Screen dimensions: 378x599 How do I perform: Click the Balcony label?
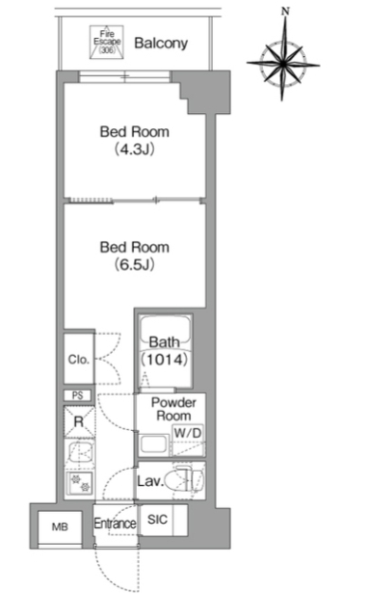(x=161, y=43)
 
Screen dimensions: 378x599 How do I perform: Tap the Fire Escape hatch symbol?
(x=106, y=42)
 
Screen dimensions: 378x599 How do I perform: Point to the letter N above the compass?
(x=285, y=11)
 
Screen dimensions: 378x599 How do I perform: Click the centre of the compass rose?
(x=283, y=64)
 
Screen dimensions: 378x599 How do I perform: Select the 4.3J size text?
(x=135, y=149)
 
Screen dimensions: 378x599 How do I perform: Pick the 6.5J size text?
(x=135, y=264)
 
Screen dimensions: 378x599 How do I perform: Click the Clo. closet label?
(x=79, y=360)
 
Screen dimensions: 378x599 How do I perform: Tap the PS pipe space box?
(x=78, y=395)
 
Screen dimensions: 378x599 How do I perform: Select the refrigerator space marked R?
(x=79, y=422)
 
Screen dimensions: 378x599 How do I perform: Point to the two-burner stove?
(x=81, y=483)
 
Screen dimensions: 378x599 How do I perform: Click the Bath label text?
(x=164, y=342)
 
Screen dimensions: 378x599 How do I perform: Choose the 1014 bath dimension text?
(x=164, y=359)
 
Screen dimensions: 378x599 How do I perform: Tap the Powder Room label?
(x=174, y=409)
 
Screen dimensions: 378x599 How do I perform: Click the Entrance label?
(x=115, y=523)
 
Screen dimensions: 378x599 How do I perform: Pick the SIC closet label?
(x=158, y=519)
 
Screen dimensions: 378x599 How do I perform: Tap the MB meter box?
(x=60, y=527)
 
